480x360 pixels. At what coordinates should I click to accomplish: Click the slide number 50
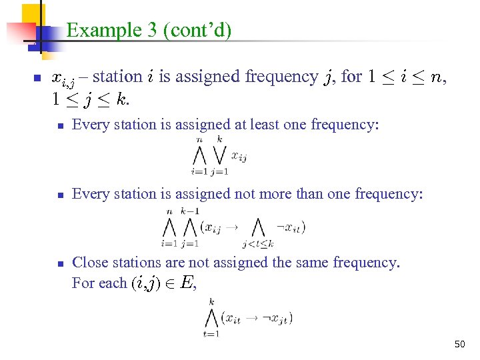(459, 345)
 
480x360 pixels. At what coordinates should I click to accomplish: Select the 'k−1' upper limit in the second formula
(190, 211)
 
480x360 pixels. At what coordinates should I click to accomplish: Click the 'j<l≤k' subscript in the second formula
(258, 244)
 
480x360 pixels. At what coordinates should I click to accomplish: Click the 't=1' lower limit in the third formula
(211, 334)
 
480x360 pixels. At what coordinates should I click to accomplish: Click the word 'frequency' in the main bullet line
(281, 77)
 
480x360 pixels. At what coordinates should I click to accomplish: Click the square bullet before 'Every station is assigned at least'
(59, 125)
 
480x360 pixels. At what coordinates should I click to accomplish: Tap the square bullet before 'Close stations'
(59, 263)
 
